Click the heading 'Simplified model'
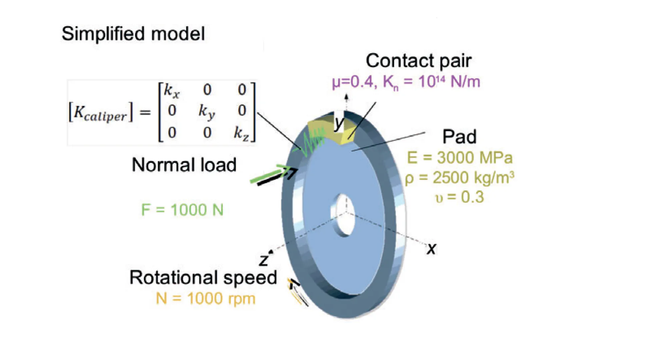click(x=133, y=34)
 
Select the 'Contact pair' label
click(x=419, y=61)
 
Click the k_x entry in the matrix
click(x=172, y=91)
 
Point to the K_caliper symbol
click(x=100, y=113)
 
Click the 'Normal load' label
click(x=184, y=165)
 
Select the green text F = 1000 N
click(x=182, y=210)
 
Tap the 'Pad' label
click(x=459, y=137)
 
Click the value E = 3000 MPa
click(x=460, y=158)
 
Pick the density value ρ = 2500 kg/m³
click(x=460, y=178)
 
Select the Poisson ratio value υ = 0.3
click(x=460, y=197)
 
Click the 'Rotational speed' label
click(x=203, y=278)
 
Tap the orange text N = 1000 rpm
click(x=206, y=298)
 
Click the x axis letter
click(x=431, y=249)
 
